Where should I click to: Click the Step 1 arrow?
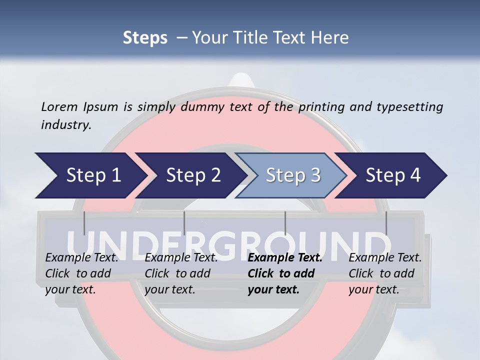[93, 175]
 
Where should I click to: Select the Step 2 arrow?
[193, 175]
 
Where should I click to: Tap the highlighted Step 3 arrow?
[293, 175]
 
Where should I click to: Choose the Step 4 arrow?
[393, 175]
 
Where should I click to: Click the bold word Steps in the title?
[145, 38]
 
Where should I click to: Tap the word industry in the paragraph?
[66, 125]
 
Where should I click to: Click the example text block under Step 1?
[81, 273]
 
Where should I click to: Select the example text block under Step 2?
[181, 273]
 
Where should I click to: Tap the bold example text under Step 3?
[285, 273]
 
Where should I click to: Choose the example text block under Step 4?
[385, 273]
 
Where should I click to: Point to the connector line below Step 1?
[84, 223]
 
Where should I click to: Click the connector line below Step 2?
[184, 223]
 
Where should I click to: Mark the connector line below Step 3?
[285, 223]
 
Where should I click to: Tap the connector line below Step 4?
[386, 223]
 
